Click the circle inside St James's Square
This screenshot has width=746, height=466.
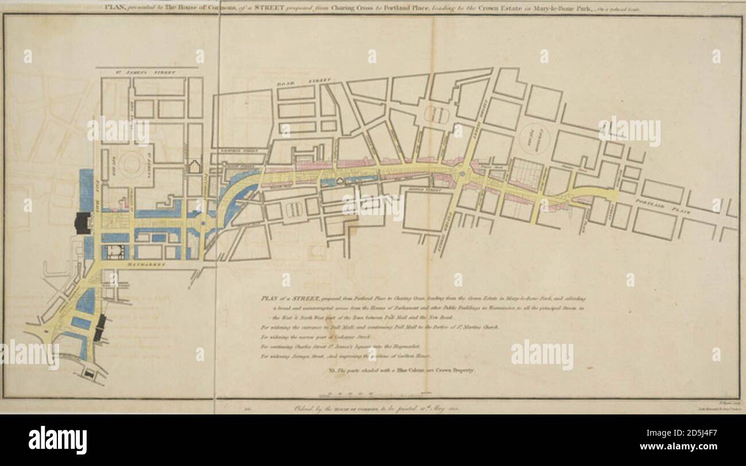tap(132, 165)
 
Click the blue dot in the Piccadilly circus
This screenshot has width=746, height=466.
tap(463, 172)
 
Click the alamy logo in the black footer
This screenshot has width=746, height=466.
tap(57, 440)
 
